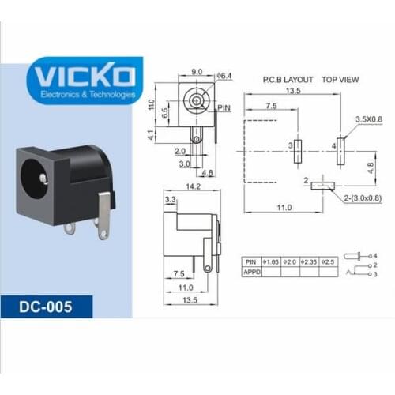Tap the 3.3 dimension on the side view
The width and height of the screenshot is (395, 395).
(170, 201)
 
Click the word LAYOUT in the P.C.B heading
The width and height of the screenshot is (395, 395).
(298, 80)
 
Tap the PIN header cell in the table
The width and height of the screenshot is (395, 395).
(251, 260)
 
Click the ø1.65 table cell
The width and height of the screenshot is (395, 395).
(270, 260)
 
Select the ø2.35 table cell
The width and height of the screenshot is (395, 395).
(309, 260)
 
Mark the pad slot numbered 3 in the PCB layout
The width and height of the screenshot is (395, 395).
(297, 147)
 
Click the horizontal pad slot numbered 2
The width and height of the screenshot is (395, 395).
(321, 186)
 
